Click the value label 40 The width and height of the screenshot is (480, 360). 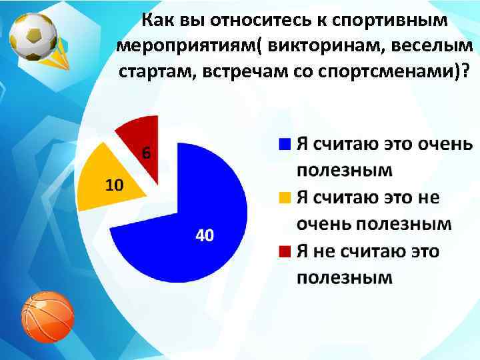pyautogui.click(x=205, y=235)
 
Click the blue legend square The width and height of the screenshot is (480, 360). pyautogui.click(x=285, y=143)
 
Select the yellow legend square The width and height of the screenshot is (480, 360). pyautogui.click(x=285, y=197)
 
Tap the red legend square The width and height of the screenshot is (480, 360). pyautogui.click(x=285, y=251)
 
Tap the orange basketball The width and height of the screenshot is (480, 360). pyautogui.click(x=47, y=317)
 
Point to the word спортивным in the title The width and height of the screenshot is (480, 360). pyautogui.click(x=391, y=21)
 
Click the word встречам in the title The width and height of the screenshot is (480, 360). pyautogui.click(x=241, y=72)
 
